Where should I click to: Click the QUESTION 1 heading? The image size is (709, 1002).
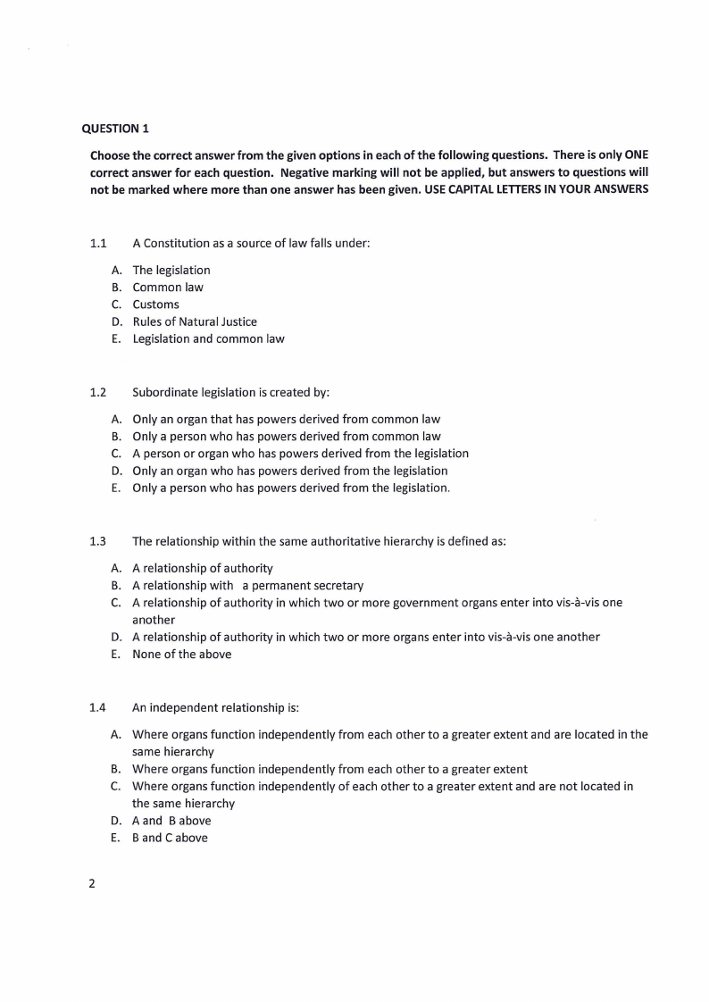tap(115, 129)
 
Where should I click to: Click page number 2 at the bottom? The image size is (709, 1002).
tap(92, 884)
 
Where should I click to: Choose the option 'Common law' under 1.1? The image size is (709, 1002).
tap(168, 288)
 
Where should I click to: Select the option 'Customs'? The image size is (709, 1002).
tap(155, 305)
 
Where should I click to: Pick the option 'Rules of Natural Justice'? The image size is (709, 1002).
tap(195, 321)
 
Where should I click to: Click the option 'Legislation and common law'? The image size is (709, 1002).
tap(208, 338)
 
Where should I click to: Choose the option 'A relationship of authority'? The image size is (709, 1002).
tap(203, 568)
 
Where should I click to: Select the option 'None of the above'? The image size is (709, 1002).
tap(181, 654)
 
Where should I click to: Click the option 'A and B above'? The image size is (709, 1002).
tap(171, 821)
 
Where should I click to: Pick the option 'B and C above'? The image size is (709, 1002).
tap(170, 838)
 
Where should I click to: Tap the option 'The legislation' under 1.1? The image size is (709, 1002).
tap(171, 270)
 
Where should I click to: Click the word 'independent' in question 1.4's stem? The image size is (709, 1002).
tap(183, 707)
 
